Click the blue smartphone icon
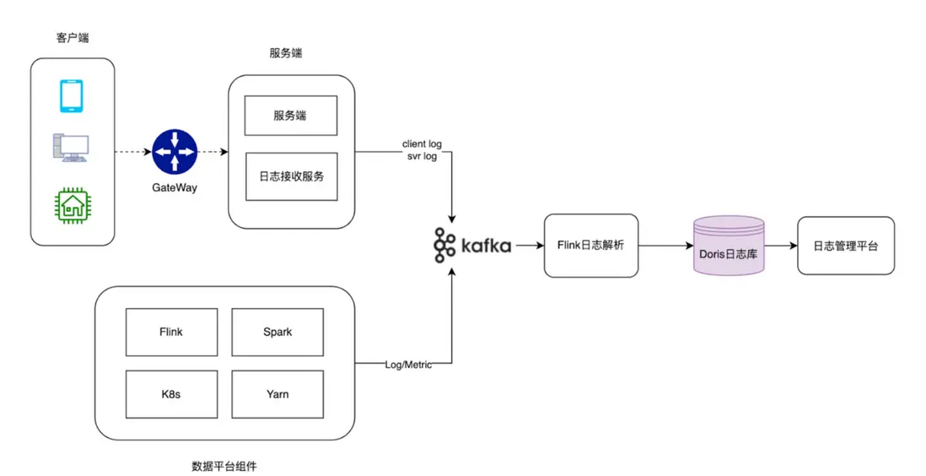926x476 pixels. pos(72,95)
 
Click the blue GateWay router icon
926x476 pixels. pos(175,153)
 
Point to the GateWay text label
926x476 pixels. pos(175,187)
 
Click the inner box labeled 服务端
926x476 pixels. pos(290,116)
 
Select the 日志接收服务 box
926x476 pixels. pos(291,176)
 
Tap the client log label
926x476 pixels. pos(422,144)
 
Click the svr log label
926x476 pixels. pos(422,157)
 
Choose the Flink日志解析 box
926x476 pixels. pos(590,246)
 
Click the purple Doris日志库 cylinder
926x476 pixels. pos(728,246)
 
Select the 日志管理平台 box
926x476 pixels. pos(845,246)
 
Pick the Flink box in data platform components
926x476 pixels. pos(171,332)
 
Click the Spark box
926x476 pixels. pos(277,332)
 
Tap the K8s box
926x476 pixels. pos(171,394)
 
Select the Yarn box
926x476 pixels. pos(277,394)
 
